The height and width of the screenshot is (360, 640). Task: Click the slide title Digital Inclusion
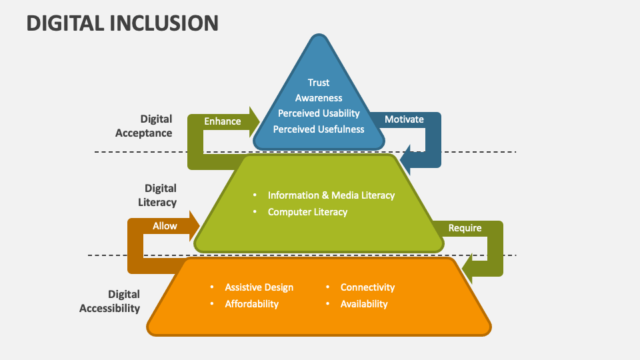click(123, 23)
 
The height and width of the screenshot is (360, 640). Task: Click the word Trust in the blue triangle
click(319, 83)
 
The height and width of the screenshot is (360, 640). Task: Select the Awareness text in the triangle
click(319, 98)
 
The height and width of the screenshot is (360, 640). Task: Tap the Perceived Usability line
click(319, 113)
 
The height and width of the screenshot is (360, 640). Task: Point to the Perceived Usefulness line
click(319, 129)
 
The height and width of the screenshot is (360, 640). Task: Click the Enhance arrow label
click(223, 121)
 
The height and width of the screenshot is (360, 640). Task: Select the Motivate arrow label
click(404, 119)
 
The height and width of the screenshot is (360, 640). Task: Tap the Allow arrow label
click(165, 226)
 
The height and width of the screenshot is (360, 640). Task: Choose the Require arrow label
click(465, 228)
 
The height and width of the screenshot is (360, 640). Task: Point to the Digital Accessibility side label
click(110, 301)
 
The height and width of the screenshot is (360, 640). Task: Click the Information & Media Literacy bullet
click(331, 195)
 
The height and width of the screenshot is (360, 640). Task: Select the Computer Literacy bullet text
click(307, 212)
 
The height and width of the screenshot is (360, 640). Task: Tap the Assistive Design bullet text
click(259, 287)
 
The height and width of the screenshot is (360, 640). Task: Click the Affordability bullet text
click(251, 304)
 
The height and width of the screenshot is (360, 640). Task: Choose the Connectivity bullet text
click(367, 287)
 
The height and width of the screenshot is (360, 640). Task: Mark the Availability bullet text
click(363, 304)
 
